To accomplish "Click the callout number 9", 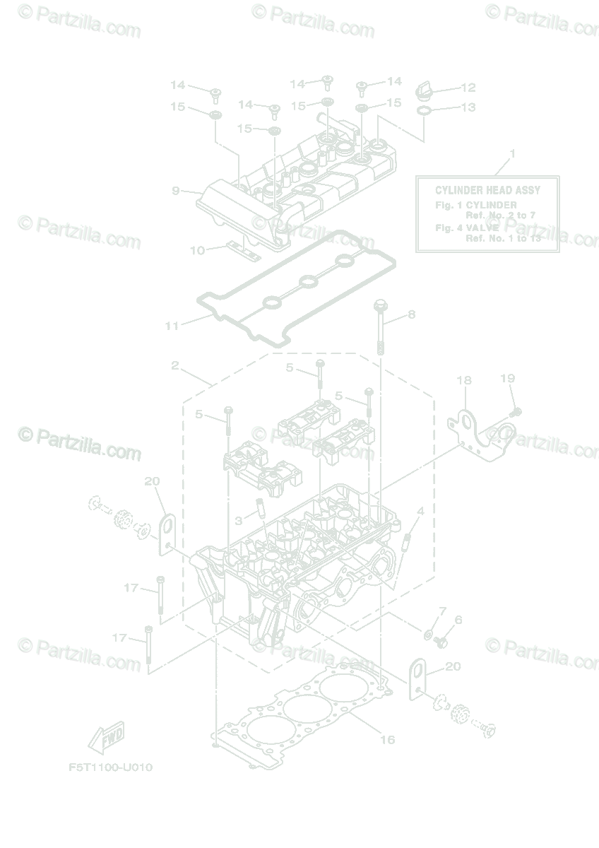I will point(176,190).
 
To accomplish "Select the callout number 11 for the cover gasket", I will point(172,326).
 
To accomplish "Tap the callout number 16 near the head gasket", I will point(387,740).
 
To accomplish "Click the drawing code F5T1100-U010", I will point(111,767).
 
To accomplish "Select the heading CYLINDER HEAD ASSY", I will point(487,190).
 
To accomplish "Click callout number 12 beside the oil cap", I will point(468,88).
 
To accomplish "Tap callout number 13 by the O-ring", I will point(468,108).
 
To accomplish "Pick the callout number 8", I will point(411,314).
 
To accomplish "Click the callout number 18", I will point(463,381).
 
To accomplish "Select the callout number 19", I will point(508,379).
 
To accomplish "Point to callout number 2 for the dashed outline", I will point(174,366).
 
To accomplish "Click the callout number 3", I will point(239,521).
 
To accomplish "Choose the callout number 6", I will point(458,620).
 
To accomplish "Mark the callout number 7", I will point(443,610).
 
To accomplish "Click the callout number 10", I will point(197,250).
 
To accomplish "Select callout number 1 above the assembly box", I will point(513,153).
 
